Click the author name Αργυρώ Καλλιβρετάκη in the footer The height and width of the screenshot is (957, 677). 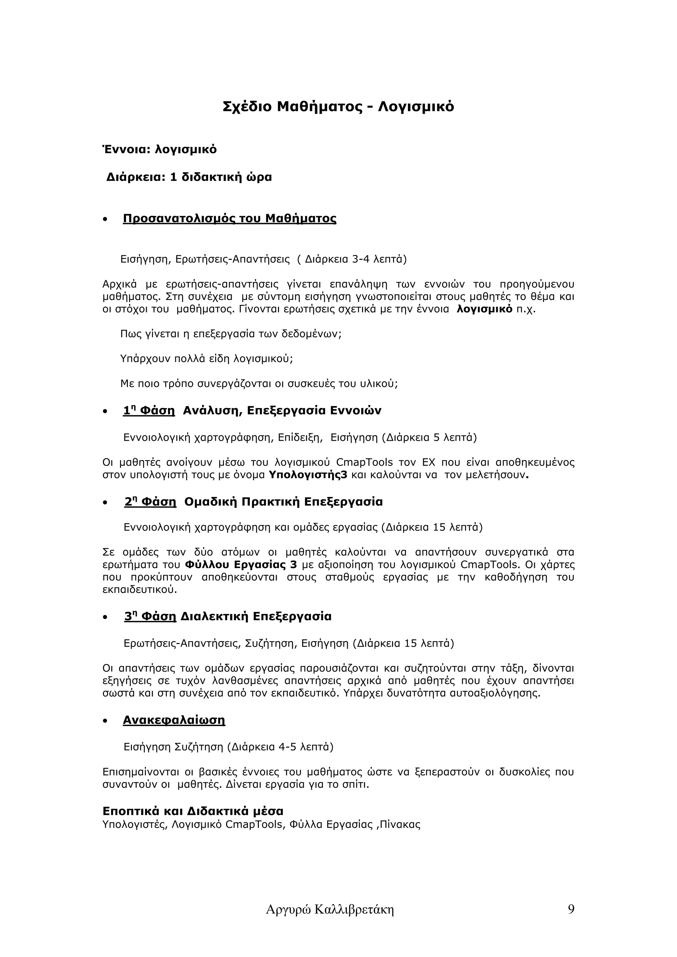[330, 910]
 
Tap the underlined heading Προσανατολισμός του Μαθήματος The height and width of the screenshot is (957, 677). [229, 218]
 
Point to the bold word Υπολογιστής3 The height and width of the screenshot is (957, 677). [308, 475]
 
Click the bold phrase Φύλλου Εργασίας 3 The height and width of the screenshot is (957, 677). [241, 565]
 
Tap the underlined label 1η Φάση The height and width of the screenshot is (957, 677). [149, 411]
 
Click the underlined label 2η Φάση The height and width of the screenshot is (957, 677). [150, 502]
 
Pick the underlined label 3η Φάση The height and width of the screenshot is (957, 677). [150, 616]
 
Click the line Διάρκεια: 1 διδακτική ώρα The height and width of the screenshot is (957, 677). [189, 177]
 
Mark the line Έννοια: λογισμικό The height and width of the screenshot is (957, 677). [160, 149]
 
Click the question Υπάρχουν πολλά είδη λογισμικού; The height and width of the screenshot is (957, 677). [206, 359]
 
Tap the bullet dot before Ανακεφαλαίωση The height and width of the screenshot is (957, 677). [105, 721]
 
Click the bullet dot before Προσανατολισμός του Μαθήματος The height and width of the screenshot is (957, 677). [105, 219]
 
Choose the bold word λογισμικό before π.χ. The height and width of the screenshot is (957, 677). [485, 309]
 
